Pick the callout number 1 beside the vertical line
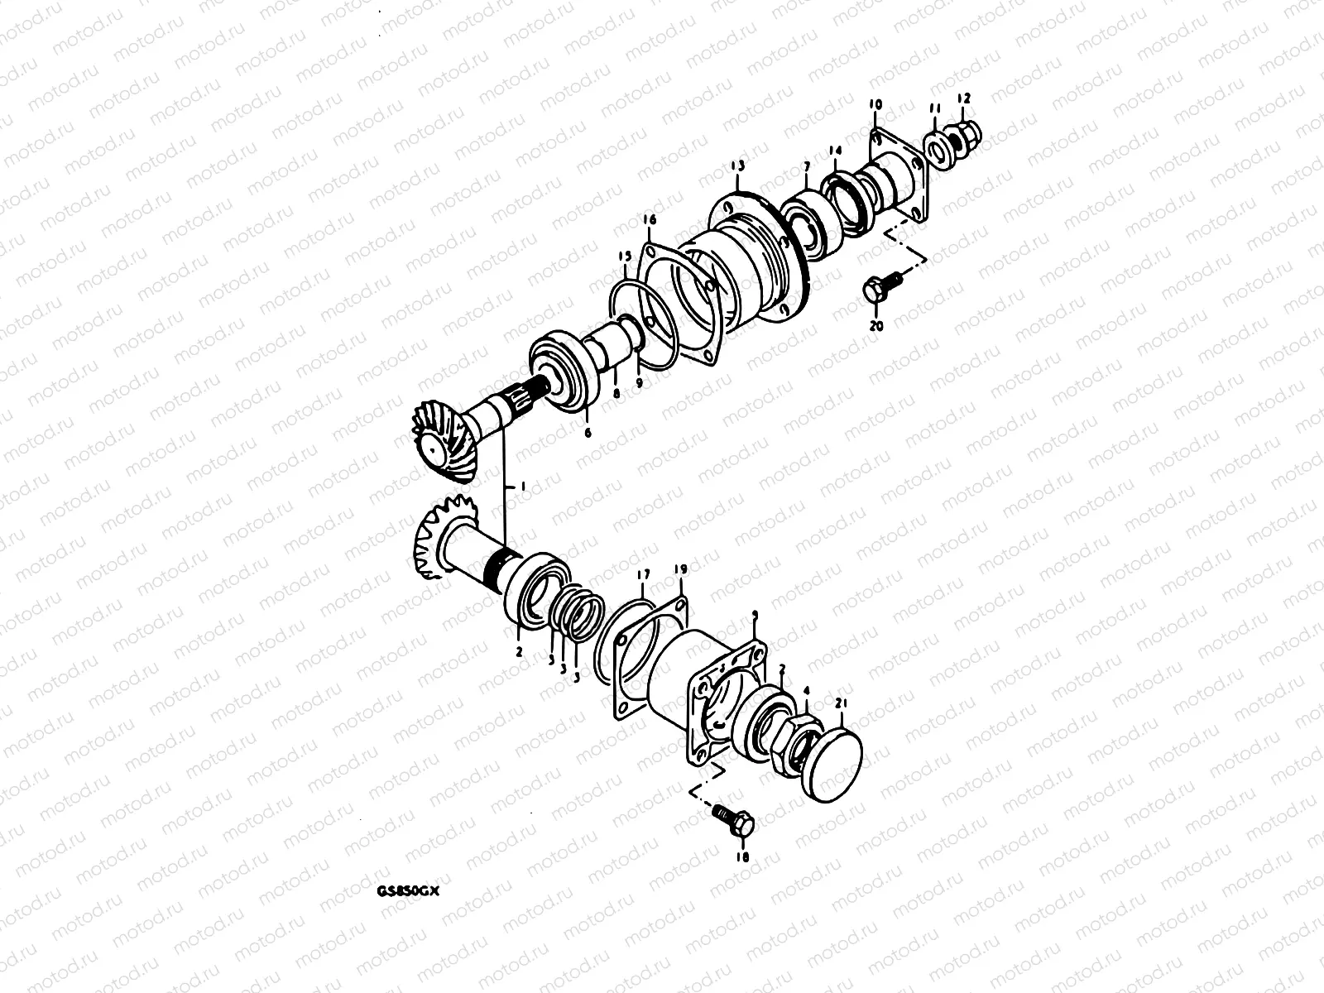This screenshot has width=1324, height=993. (520, 486)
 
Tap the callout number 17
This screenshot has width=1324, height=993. (643, 573)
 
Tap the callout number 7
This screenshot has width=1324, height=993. (804, 169)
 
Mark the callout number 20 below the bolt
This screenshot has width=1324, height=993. (877, 326)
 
